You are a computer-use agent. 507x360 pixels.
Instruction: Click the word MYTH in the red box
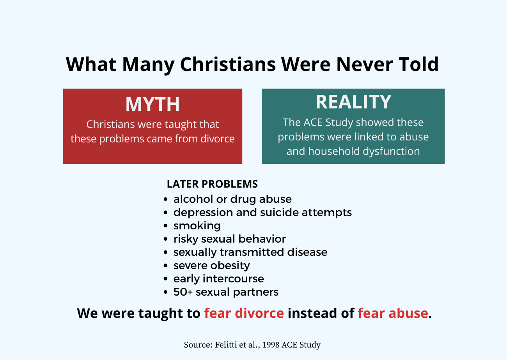pyautogui.click(x=152, y=104)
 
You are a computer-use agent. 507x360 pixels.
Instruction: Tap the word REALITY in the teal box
pyautogui.click(x=353, y=102)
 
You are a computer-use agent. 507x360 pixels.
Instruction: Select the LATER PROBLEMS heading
pyautogui.click(x=212, y=184)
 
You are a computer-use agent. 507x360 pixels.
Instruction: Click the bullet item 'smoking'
pyautogui.click(x=197, y=226)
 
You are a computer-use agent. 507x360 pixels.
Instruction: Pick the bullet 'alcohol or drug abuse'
pyautogui.click(x=232, y=199)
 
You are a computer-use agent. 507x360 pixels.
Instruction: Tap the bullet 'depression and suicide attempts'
pyautogui.click(x=262, y=213)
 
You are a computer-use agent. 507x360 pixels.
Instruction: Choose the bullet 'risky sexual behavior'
pyautogui.click(x=230, y=239)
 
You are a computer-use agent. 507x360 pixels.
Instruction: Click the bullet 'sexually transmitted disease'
pyautogui.click(x=250, y=252)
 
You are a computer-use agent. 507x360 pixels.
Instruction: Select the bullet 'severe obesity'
pyautogui.click(x=211, y=266)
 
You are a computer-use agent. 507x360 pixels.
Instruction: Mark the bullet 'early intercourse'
pyautogui.click(x=218, y=279)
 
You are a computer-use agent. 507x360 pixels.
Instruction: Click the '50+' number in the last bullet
pyautogui.click(x=182, y=292)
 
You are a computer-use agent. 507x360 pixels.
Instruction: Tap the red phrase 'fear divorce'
pyautogui.click(x=244, y=313)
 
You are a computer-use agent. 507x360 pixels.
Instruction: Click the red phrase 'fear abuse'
pyautogui.click(x=393, y=313)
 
